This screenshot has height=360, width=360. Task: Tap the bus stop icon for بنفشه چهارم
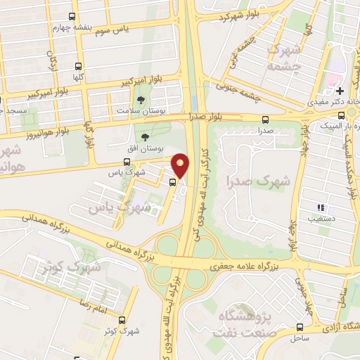[x=74, y=17]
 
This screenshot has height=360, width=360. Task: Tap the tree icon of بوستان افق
[x=146, y=137]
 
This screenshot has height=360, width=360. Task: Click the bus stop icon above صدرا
[x=264, y=120]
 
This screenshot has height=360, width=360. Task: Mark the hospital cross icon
[x=340, y=91]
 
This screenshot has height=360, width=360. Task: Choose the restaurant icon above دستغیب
[x=321, y=207]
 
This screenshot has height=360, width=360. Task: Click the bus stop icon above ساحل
[x=300, y=327]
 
